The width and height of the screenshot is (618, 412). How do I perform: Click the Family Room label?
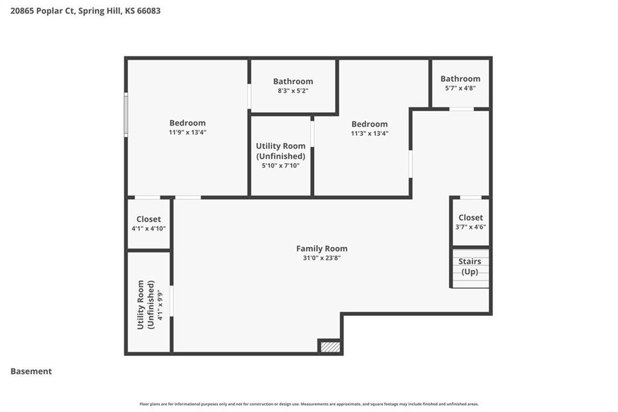(322, 249)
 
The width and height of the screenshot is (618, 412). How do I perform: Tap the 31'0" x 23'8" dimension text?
(322, 258)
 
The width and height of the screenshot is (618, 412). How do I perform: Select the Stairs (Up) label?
(470, 266)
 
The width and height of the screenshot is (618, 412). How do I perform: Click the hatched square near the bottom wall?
(330, 347)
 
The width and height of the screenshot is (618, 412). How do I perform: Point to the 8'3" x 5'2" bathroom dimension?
(293, 91)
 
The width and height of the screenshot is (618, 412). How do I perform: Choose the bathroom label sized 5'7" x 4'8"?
(460, 79)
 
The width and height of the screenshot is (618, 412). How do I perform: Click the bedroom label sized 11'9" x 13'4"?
(188, 123)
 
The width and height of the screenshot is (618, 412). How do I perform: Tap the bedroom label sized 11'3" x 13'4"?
(369, 124)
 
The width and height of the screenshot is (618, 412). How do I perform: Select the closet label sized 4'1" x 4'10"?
(148, 219)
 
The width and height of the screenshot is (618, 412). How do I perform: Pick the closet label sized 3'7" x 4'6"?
(471, 217)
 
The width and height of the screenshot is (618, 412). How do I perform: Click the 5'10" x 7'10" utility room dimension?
(281, 166)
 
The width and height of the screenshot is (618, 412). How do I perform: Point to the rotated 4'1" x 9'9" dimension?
(159, 304)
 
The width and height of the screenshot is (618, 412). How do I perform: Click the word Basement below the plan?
(31, 372)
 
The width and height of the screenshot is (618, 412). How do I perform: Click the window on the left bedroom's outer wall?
(126, 114)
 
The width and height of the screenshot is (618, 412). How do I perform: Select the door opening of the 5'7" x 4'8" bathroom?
(462, 109)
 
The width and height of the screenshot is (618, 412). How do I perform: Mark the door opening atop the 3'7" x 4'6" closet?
(471, 198)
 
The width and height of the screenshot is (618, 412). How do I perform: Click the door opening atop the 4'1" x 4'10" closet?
(147, 198)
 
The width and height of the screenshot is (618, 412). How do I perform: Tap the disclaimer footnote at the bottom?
(309, 404)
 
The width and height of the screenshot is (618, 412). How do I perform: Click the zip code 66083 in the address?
(148, 11)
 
